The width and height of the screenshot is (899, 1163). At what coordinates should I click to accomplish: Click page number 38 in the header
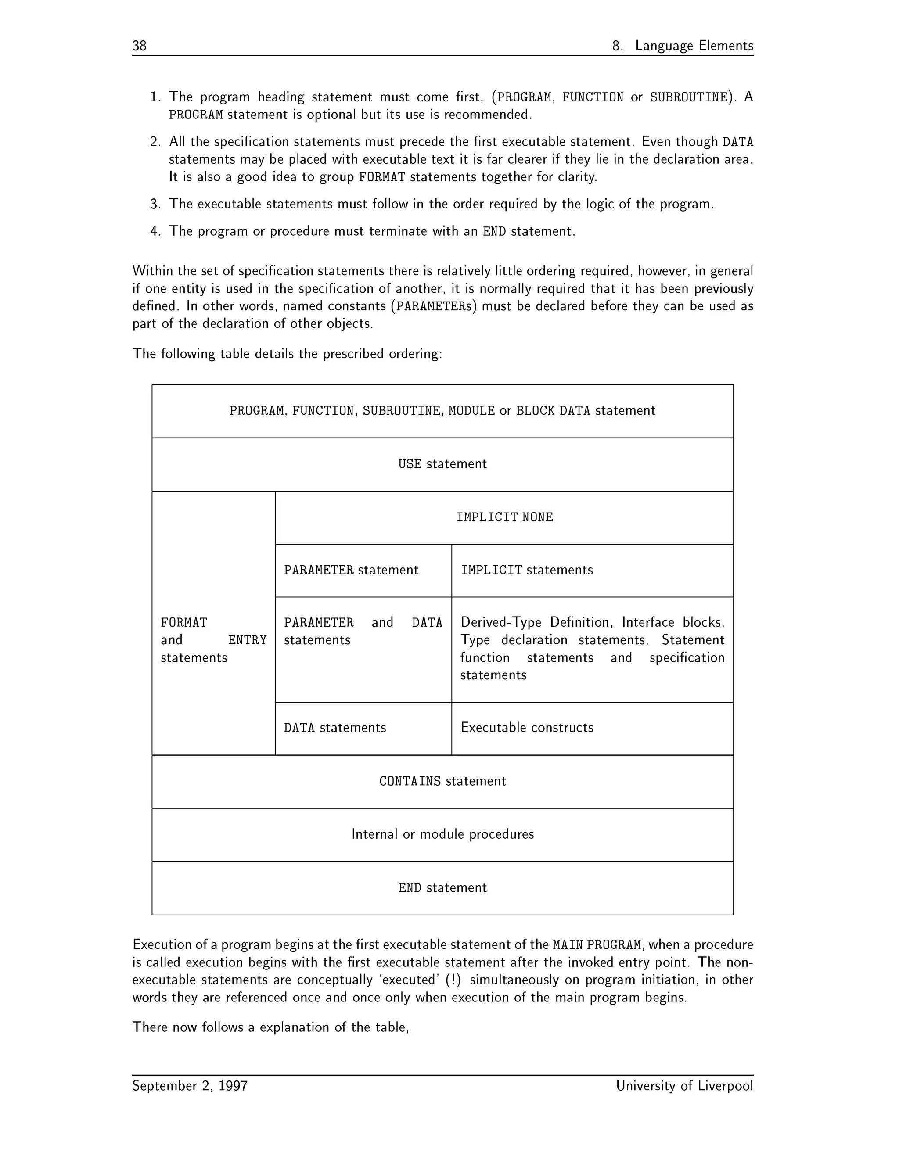point(140,46)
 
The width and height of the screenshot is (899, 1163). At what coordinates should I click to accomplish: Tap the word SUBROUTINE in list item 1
point(688,97)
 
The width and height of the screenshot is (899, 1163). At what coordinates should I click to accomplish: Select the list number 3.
point(155,205)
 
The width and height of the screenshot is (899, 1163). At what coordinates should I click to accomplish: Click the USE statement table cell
point(442,464)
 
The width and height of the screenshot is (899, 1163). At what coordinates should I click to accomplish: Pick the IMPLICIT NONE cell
point(504,517)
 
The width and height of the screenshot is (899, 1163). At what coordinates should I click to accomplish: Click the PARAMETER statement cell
point(351,571)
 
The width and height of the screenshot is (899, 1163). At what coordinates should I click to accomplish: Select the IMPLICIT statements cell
point(526,571)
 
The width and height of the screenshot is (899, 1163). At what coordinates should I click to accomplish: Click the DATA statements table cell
point(334,728)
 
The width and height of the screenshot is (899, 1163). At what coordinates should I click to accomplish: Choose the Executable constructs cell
point(526,728)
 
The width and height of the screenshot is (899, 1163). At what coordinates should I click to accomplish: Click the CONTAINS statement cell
point(442,781)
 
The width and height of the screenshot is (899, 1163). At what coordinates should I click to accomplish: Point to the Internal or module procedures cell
point(442,834)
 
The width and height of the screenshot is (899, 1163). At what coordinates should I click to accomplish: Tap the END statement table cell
point(442,888)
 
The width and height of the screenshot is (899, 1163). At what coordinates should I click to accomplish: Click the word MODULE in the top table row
point(471,411)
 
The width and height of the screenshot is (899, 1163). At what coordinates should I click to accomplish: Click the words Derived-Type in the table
point(500,622)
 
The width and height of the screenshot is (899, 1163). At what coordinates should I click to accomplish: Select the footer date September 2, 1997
point(190,1086)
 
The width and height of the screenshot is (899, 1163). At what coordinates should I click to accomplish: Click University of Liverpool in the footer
point(684,1086)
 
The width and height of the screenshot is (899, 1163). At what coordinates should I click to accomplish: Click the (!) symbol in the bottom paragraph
point(453,980)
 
